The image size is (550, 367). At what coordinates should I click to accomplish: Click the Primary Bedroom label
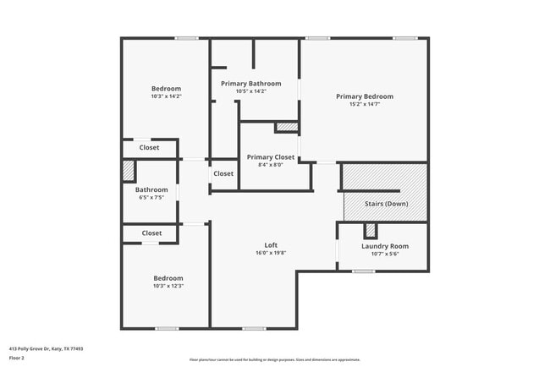click(x=364, y=96)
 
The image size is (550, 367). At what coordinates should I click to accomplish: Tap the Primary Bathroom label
click(x=250, y=84)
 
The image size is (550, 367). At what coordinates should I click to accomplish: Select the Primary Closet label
click(x=270, y=157)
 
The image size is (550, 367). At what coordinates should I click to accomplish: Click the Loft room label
click(x=271, y=245)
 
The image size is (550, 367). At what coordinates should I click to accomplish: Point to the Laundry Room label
click(x=385, y=246)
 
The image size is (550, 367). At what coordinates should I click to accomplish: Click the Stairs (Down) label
click(x=385, y=204)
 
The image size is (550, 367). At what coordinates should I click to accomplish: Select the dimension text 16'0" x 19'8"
click(x=271, y=253)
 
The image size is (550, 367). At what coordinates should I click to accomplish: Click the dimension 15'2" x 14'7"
click(x=364, y=104)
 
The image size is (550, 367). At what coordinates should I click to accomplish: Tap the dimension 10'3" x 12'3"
click(x=168, y=286)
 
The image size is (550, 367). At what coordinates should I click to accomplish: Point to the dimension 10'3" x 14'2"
click(x=166, y=96)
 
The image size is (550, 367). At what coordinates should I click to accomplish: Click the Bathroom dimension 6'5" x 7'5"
click(x=151, y=197)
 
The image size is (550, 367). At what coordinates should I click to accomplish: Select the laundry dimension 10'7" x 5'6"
click(x=385, y=254)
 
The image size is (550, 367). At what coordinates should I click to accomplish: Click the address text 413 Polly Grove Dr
click(x=46, y=348)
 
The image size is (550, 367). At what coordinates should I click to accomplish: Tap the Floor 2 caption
click(x=18, y=358)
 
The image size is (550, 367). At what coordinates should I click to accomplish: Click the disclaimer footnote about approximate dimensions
click(x=274, y=359)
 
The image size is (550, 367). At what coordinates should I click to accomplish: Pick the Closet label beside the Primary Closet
click(x=223, y=173)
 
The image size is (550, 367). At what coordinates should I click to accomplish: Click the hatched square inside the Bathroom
click(x=129, y=170)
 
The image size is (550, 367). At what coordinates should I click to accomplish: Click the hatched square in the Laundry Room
click(x=370, y=230)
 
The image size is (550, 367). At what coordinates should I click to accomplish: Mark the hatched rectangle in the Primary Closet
click(x=287, y=128)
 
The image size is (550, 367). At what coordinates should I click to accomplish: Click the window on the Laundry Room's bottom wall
click(x=364, y=271)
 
